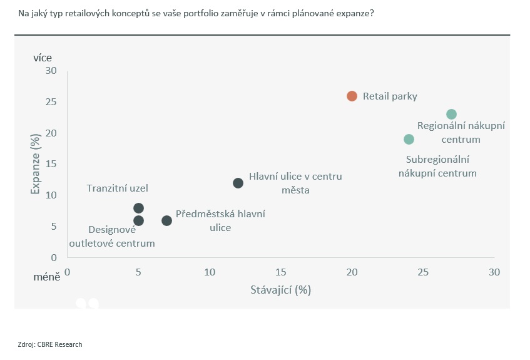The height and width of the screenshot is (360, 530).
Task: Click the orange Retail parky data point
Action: coord(352,96)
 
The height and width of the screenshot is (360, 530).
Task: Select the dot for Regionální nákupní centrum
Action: coord(451,114)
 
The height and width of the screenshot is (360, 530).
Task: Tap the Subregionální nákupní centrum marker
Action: coord(409,139)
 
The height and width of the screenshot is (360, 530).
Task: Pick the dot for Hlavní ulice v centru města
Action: coord(238,183)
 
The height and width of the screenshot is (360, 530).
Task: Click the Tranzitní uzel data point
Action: coord(138,208)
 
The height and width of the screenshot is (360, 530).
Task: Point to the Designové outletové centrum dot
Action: coord(138,220)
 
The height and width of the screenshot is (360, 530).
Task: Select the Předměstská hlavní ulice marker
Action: coord(166,220)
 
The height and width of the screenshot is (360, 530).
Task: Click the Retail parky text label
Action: coord(390,96)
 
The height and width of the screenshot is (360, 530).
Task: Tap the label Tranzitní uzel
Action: coord(118,188)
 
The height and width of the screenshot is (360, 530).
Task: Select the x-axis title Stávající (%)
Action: coord(280,290)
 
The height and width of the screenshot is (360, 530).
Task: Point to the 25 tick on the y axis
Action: coord(50,102)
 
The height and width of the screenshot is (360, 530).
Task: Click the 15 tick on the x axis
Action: coord(280,272)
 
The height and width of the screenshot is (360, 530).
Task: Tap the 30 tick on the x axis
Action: coord(494,272)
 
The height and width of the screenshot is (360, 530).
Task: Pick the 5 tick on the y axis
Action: coord(53,226)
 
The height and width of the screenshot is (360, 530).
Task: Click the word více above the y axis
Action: coord(43,58)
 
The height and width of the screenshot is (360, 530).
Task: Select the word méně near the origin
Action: coord(47,276)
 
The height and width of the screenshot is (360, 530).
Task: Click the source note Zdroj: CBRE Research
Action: coord(50,344)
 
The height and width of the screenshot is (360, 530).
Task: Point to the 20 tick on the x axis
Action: coord(352,272)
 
